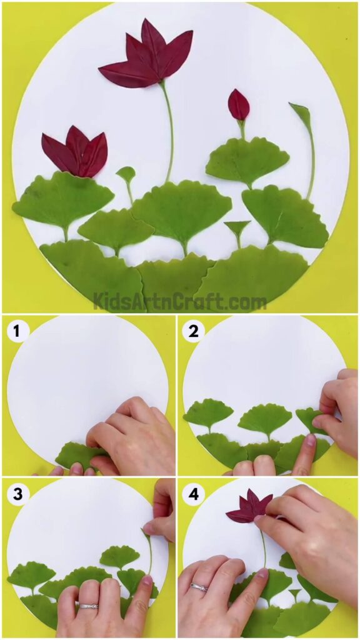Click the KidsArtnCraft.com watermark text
point(180,302)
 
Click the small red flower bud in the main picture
point(238,105)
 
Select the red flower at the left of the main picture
point(76,154)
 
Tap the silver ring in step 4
point(199,587)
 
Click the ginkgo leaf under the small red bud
point(239,161)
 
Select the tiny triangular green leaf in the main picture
point(237,227)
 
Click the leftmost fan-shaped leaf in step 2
point(207,412)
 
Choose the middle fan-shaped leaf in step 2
point(265,418)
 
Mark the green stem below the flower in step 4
point(263,547)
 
